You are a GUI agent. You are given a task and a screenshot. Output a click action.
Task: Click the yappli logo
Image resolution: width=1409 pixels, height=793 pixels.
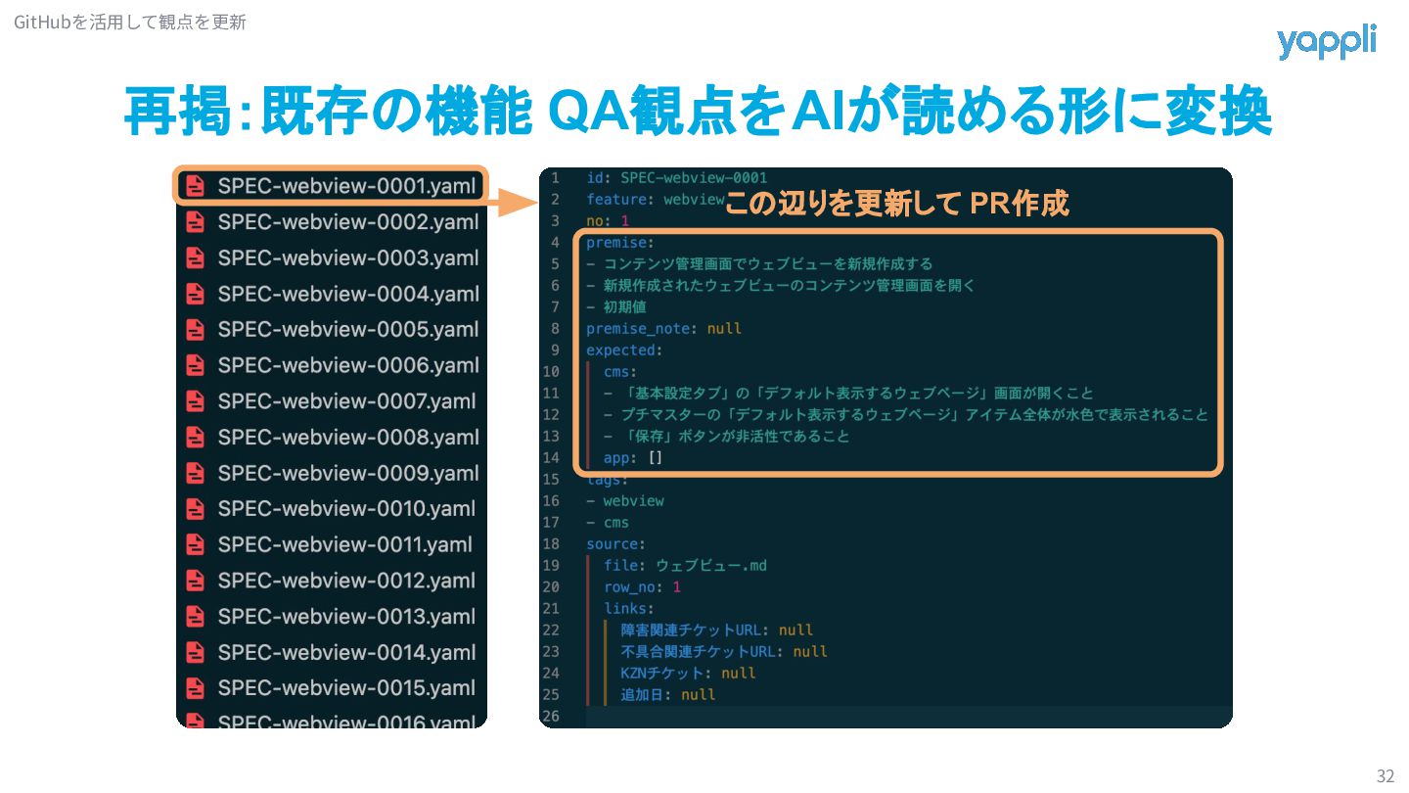click(x=1326, y=42)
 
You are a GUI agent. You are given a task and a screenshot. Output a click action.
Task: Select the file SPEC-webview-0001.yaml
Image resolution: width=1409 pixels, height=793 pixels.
click(x=347, y=186)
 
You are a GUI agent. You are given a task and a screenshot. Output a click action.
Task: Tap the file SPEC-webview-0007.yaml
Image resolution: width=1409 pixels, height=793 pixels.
click(x=346, y=401)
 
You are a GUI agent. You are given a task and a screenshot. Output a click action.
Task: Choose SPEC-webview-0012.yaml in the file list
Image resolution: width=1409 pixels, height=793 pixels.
click(x=346, y=581)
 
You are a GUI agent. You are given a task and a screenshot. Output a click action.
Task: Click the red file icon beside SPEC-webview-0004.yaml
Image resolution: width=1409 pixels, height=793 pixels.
click(x=196, y=294)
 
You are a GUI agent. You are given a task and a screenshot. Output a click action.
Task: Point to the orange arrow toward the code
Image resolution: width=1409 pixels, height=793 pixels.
click(x=511, y=203)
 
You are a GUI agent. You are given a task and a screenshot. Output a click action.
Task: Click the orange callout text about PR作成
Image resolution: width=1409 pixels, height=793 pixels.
click(x=895, y=204)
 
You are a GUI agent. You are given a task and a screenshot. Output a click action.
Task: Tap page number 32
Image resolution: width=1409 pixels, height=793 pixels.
click(x=1385, y=776)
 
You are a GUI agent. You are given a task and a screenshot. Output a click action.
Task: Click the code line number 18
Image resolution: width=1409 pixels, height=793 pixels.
click(x=551, y=544)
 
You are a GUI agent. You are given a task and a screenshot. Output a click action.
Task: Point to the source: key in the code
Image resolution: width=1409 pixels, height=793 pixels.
click(x=615, y=544)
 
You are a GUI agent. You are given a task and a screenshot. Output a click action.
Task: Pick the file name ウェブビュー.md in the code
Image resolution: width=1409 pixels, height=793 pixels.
click(x=711, y=566)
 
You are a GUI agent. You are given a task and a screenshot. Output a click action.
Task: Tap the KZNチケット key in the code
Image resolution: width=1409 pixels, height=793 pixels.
click(x=662, y=674)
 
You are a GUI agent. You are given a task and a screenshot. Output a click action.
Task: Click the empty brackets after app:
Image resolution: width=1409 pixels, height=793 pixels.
click(x=656, y=458)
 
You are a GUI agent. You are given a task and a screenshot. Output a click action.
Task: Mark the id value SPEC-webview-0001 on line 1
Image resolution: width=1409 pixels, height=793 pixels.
click(x=694, y=178)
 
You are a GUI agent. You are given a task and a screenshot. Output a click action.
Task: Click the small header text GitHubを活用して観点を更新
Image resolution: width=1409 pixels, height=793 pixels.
click(x=130, y=22)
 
